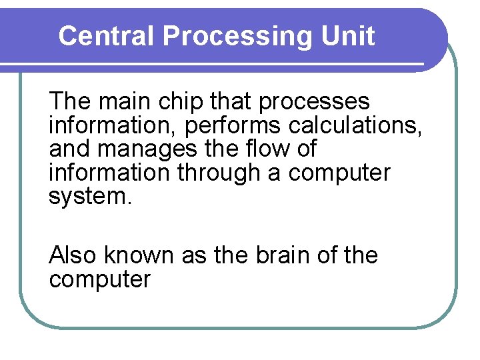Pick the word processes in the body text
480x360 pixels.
click(x=313, y=102)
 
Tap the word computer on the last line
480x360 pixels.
click(x=100, y=279)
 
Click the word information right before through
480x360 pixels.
click(x=111, y=171)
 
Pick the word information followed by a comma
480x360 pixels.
click(x=112, y=125)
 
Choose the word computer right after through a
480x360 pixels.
click(x=339, y=171)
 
